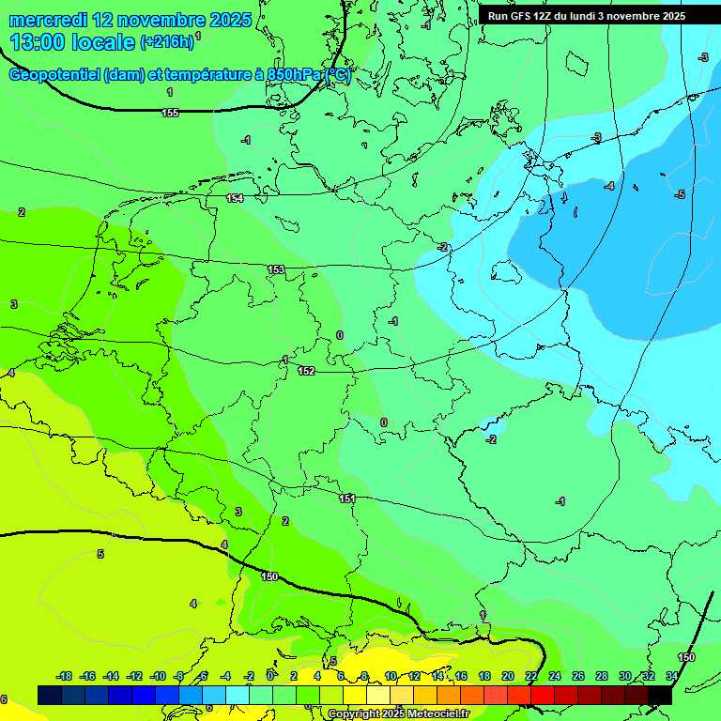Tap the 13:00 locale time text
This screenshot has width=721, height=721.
click(71, 42)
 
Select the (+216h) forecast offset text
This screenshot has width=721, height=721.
click(167, 42)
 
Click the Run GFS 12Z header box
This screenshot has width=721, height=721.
click(587, 16)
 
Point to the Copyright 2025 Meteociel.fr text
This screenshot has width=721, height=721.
click(398, 714)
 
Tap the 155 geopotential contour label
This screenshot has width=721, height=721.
click(170, 113)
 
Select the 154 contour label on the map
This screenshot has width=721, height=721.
click(235, 198)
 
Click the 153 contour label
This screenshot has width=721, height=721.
click(276, 269)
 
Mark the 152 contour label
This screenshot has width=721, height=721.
click(306, 371)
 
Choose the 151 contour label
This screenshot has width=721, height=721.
click(347, 499)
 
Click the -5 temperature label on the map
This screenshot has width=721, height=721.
click(681, 194)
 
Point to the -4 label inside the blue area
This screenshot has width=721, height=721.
click(609, 186)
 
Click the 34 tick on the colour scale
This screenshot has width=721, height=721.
click(671, 676)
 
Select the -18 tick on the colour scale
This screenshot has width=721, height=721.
click(64, 676)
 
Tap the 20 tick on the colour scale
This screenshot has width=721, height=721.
click(508, 676)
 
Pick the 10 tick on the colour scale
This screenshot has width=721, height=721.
click(391, 676)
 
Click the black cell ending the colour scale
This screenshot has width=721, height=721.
click(660, 695)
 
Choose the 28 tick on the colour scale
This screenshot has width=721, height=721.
click(601, 676)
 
